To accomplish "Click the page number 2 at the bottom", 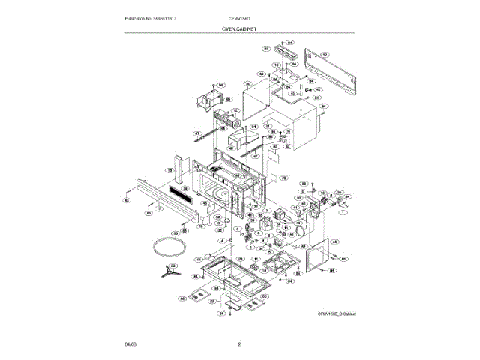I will point(239,344).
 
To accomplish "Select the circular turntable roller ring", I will point(165,246).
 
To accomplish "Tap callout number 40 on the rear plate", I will point(325,55).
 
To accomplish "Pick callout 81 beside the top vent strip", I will point(265,49).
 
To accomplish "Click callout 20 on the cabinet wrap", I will point(247,84).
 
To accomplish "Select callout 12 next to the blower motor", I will point(235,110).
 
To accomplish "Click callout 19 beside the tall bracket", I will point(170,171).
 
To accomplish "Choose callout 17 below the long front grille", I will point(158,203).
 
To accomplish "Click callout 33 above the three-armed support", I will point(173,265).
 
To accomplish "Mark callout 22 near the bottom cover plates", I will point(212,301).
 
